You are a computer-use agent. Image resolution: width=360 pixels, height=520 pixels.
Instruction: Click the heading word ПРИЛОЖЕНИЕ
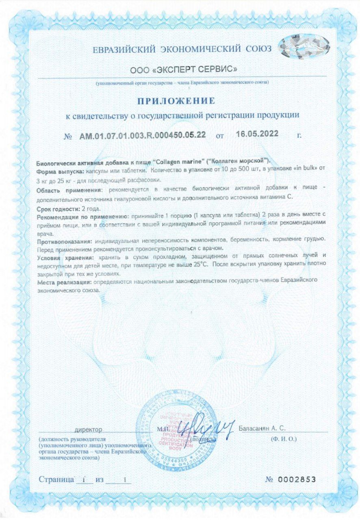176,100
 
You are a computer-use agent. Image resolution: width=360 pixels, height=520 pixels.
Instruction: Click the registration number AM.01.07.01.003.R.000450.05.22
142,135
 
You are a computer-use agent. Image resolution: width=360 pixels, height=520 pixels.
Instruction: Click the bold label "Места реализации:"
63,282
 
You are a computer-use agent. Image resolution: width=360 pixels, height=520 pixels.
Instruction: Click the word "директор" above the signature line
88,429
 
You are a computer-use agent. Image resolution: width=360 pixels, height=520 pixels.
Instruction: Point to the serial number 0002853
297,479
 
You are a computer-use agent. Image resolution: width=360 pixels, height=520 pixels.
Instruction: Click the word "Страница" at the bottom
56,479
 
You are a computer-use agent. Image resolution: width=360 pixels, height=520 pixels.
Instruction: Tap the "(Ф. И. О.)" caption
284,439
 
